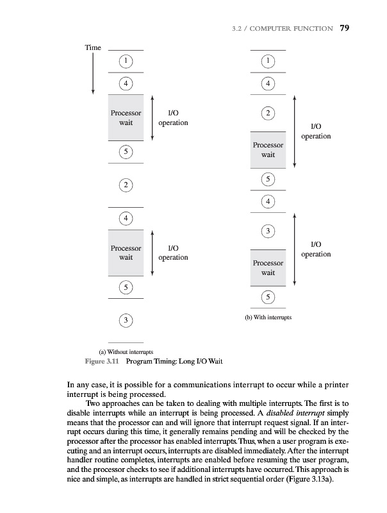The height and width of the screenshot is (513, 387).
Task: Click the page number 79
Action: pyautogui.click(x=344, y=28)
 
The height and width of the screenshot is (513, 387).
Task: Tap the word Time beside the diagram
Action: pyautogui.click(x=94, y=47)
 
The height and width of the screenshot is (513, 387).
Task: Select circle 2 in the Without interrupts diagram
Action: pyautogui.click(x=126, y=185)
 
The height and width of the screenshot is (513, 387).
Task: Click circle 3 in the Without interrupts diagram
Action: pyautogui.click(x=126, y=319)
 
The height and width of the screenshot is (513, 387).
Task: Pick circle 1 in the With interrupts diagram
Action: pyautogui.click(x=268, y=60)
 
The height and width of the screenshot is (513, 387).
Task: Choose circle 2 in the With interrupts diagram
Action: pyautogui.click(x=268, y=114)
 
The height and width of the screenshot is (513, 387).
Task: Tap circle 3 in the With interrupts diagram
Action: pyautogui.click(x=268, y=230)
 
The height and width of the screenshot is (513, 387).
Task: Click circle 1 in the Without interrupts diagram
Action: pyautogui.click(x=126, y=60)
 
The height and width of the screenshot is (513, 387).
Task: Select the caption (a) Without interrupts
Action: pyautogui.click(x=126, y=351)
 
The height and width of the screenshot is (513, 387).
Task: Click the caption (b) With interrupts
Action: pyautogui.click(x=268, y=317)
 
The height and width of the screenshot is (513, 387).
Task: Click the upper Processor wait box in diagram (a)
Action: pyautogui.click(x=126, y=117)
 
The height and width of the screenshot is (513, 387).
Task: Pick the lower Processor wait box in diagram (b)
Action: pyautogui.click(x=268, y=267)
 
